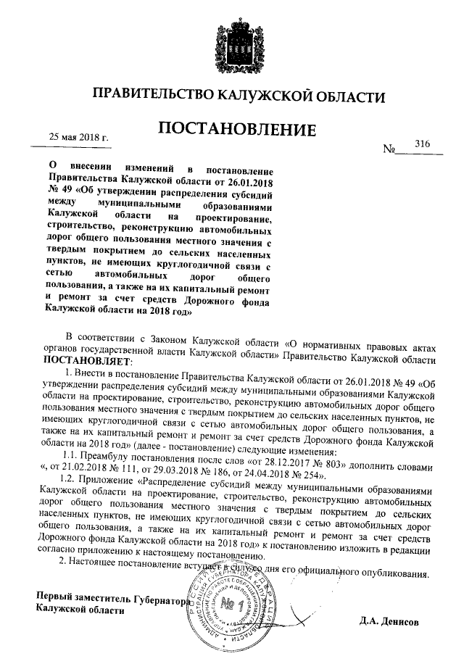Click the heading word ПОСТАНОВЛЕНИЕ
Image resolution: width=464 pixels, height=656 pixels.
click(x=237, y=130)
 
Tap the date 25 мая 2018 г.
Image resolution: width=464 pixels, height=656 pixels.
click(x=78, y=136)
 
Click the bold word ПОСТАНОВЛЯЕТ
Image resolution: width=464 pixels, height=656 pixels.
click(x=88, y=361)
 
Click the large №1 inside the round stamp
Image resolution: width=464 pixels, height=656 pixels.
click(x=231, y=604)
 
